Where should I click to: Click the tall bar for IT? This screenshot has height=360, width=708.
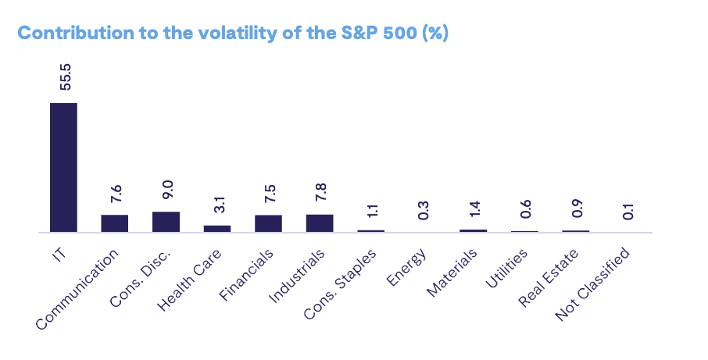[x=63, y=167]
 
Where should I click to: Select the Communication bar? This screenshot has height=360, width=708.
[x=114, y=223]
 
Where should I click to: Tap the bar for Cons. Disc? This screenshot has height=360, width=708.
[x=166, y=222]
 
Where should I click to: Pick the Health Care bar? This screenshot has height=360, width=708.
[x=217, y=229]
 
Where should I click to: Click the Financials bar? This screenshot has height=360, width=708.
[x=268, y=224]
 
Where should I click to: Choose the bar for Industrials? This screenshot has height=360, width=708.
[x=320, y=223]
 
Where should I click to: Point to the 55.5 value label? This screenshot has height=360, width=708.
[x=66, y=77]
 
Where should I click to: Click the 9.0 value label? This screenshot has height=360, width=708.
[x=168, y=190]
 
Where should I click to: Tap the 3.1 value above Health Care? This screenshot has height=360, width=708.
[x=220, y=205]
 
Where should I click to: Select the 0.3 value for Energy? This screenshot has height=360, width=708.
[x=423, y=210]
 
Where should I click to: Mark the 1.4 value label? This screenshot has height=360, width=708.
[x=474, y=209]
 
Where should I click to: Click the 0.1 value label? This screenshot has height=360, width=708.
[x=628, y=211]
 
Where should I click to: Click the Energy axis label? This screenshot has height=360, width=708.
[x=407, y=266]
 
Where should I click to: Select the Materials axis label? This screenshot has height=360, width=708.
[x=452, y=273]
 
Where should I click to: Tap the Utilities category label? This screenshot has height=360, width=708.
[x=506, y=269]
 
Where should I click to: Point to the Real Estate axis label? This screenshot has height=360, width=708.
[x=549, y=277]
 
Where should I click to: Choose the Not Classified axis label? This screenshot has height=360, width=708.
[x=592, y=284]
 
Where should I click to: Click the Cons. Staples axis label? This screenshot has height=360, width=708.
[x=340, y=284]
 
